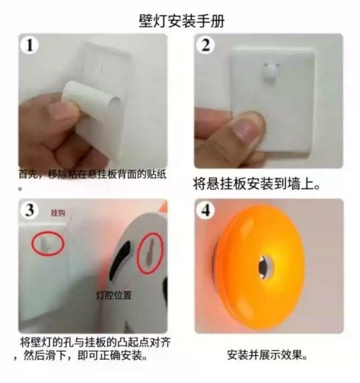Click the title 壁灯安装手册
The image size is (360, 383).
[181, 21]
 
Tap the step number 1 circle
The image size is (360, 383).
[30, 45]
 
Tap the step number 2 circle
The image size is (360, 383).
[206, 45]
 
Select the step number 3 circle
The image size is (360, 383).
[30, 210]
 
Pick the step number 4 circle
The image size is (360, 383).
[206, 210]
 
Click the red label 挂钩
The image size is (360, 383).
[58, 213]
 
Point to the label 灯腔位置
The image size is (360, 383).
[114, 295]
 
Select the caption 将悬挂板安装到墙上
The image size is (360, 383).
[257, 184]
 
